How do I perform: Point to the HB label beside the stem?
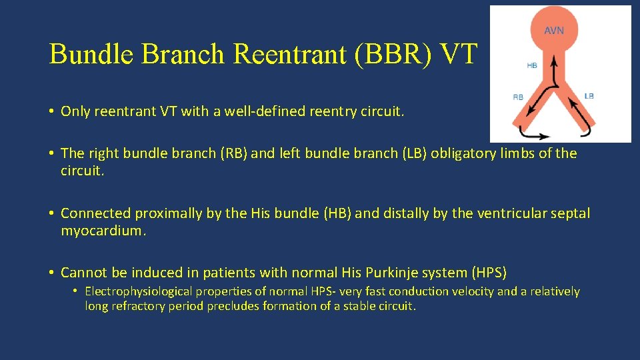(x=532, y=65)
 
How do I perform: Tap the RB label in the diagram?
(x=518, y=97)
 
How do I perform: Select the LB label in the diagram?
(x=589, y=96)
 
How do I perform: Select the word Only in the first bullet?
(x=75, y=111)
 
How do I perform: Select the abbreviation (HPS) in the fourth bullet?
(x=489, y=273)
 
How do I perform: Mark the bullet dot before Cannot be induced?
(x=51, y=273)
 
